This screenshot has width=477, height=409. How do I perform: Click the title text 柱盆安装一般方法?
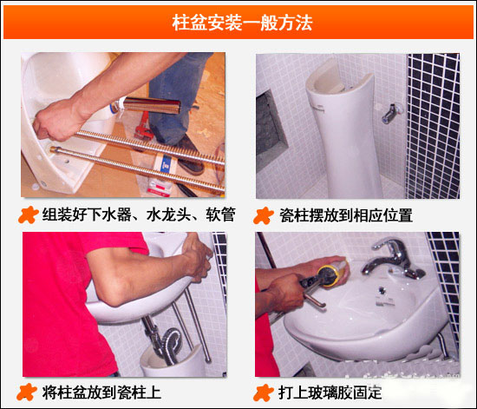point(242,23)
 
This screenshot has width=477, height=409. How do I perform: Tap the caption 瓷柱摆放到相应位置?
point(346,215)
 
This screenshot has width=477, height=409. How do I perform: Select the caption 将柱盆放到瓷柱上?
point(101,393)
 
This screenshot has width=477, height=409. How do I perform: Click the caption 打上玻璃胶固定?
point(330,393)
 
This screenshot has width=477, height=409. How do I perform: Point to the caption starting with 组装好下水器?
point(139,214)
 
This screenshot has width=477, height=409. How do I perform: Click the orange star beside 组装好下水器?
point(28,215)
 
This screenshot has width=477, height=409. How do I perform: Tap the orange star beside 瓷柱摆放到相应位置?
point(264,215)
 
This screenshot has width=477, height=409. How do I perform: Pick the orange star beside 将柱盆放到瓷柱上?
point(27,392)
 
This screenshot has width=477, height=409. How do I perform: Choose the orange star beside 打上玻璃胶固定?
point(264,393)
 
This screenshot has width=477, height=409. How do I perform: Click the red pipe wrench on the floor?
point(143,128)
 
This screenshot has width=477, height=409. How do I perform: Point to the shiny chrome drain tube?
point(152,105)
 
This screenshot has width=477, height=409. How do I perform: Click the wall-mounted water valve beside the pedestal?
point(391,113)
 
